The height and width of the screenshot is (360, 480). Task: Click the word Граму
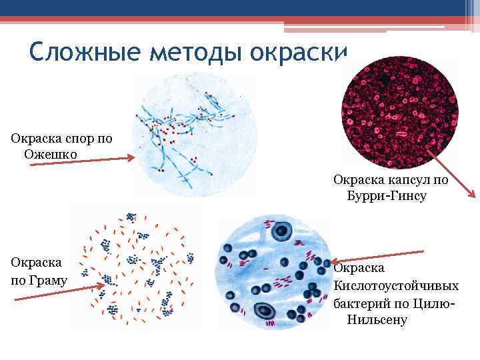click(x=47, y=280)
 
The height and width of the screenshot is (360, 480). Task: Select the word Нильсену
click(x=377, y=319)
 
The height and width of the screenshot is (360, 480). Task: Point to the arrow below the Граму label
click(x=60, y=293)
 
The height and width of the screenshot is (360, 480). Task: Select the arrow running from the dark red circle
click(x=451, y=173)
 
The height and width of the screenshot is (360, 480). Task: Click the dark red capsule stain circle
click(x=399, y=113)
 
